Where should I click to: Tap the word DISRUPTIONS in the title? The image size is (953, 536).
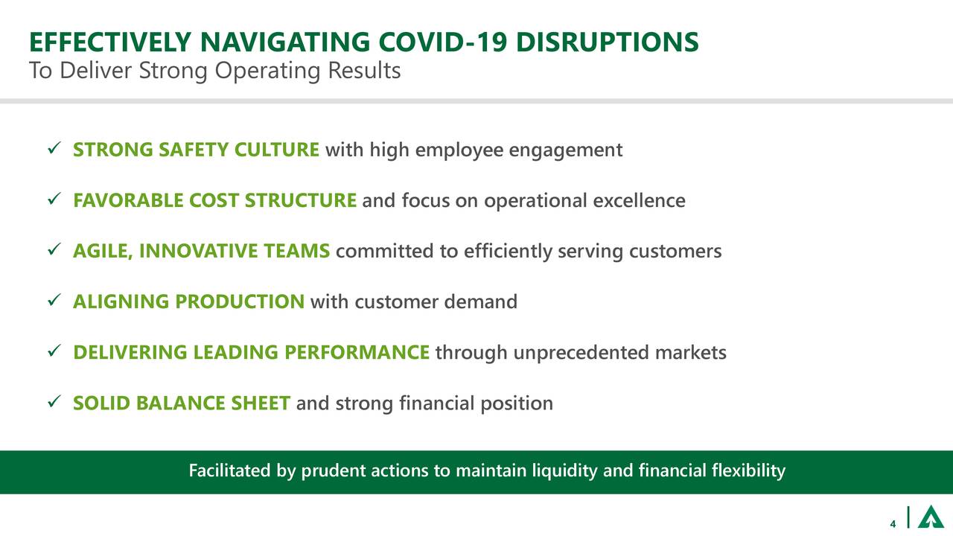[x=607, y=42]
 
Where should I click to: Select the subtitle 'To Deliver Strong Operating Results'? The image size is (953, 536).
[x=214, y=71]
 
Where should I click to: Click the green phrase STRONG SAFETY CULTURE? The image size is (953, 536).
[x=197, y=150]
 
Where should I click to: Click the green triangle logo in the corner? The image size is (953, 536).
[x=930, y=517]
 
